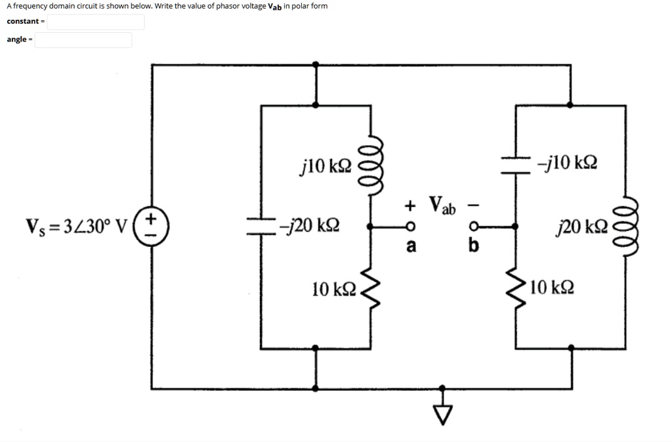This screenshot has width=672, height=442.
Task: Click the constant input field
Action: [96, 22]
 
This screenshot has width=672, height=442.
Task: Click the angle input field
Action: [83, 40]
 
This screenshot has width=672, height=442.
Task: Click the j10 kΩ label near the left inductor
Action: [325, 165]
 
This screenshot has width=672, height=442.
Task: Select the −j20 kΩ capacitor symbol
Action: [261, 227]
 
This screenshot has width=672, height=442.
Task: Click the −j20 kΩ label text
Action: [308, 227]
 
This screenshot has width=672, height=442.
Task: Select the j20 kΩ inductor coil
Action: [624, 227]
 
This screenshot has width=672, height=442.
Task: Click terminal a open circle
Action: [409, 227]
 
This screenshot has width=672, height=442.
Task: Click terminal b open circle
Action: [474, 227]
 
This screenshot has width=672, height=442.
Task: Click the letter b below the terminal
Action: [474, 247]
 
